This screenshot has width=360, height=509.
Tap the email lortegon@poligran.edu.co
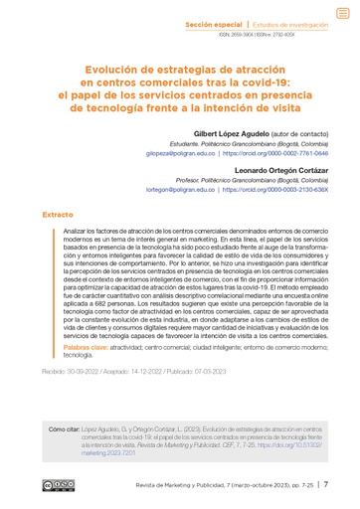pyautogui.click(x=179, y=189)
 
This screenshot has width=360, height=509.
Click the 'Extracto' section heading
pyautogui.click(x=57, y=214)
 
